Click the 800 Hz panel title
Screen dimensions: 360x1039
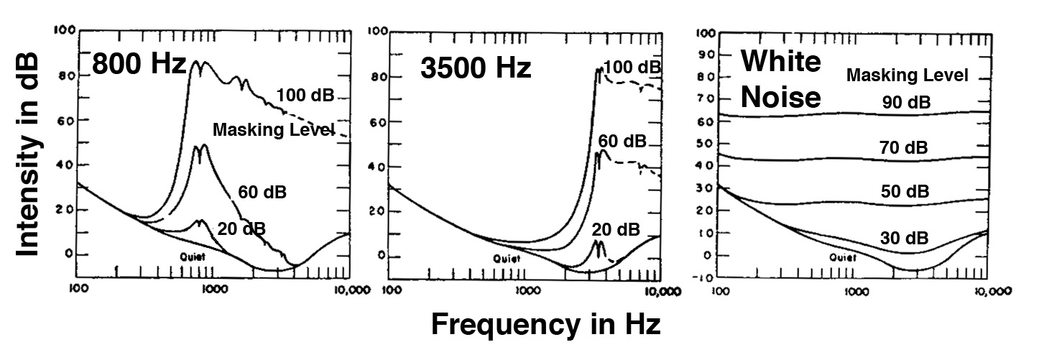(139, 66)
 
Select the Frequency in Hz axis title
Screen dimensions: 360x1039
(545, 325)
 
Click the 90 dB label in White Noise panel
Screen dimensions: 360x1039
(906, 102)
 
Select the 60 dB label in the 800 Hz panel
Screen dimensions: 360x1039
(262, 192)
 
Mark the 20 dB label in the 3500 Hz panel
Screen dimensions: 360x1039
(615, 229)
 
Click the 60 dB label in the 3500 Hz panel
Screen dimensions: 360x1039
(622, 141)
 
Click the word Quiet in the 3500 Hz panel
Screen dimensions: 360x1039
(504, 258)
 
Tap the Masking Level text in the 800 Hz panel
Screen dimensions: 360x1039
(274, 130)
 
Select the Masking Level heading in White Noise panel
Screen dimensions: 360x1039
(908, 75)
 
